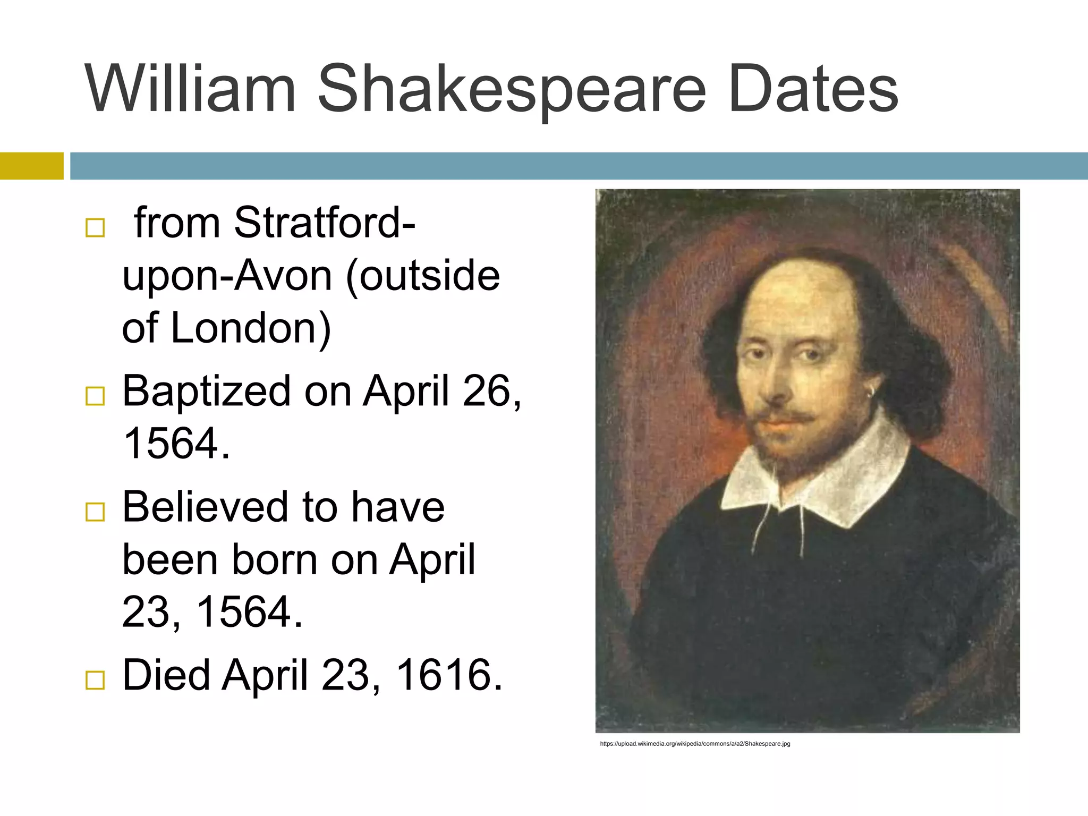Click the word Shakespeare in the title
(511, 89)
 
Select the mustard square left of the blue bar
(31, 166)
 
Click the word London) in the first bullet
(251, 328)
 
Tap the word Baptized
(207, 391)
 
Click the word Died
(166, 675)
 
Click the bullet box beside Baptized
(95, 396)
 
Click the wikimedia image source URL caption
(695, 744)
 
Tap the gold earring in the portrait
(871, 393)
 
